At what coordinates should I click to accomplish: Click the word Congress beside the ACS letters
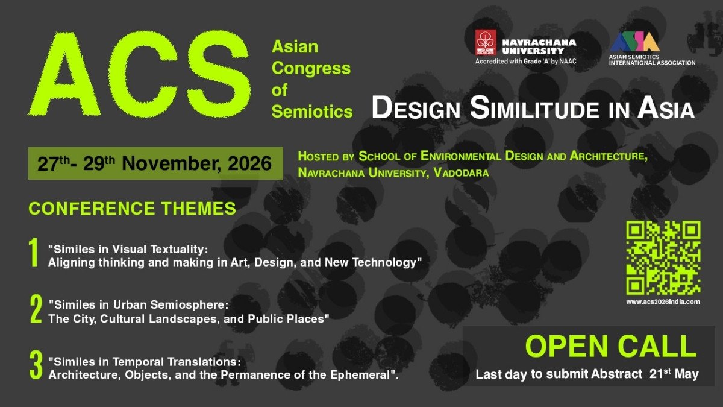tap(310, 68)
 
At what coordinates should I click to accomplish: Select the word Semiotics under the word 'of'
tap(311, 112)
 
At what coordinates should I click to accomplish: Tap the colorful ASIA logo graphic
tap(634, 42)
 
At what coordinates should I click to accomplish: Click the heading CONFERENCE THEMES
tap(132, 209)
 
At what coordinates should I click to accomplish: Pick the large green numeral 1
tap(34, 253)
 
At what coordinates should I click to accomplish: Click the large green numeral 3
tap(36, 365)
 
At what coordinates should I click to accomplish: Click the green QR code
tap(663, 257)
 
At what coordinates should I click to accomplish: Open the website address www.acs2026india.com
tap(663, 301)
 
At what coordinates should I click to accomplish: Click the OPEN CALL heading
tap(610, 346)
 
